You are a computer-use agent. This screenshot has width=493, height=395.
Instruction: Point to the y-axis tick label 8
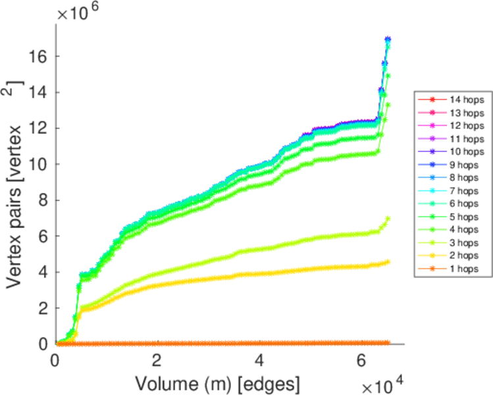point(43,200)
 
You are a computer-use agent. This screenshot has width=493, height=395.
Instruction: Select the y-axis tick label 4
point(43,272)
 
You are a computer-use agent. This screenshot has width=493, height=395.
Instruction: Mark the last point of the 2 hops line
point(388,261)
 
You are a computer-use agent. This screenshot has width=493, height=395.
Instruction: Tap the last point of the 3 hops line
point(388,219)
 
